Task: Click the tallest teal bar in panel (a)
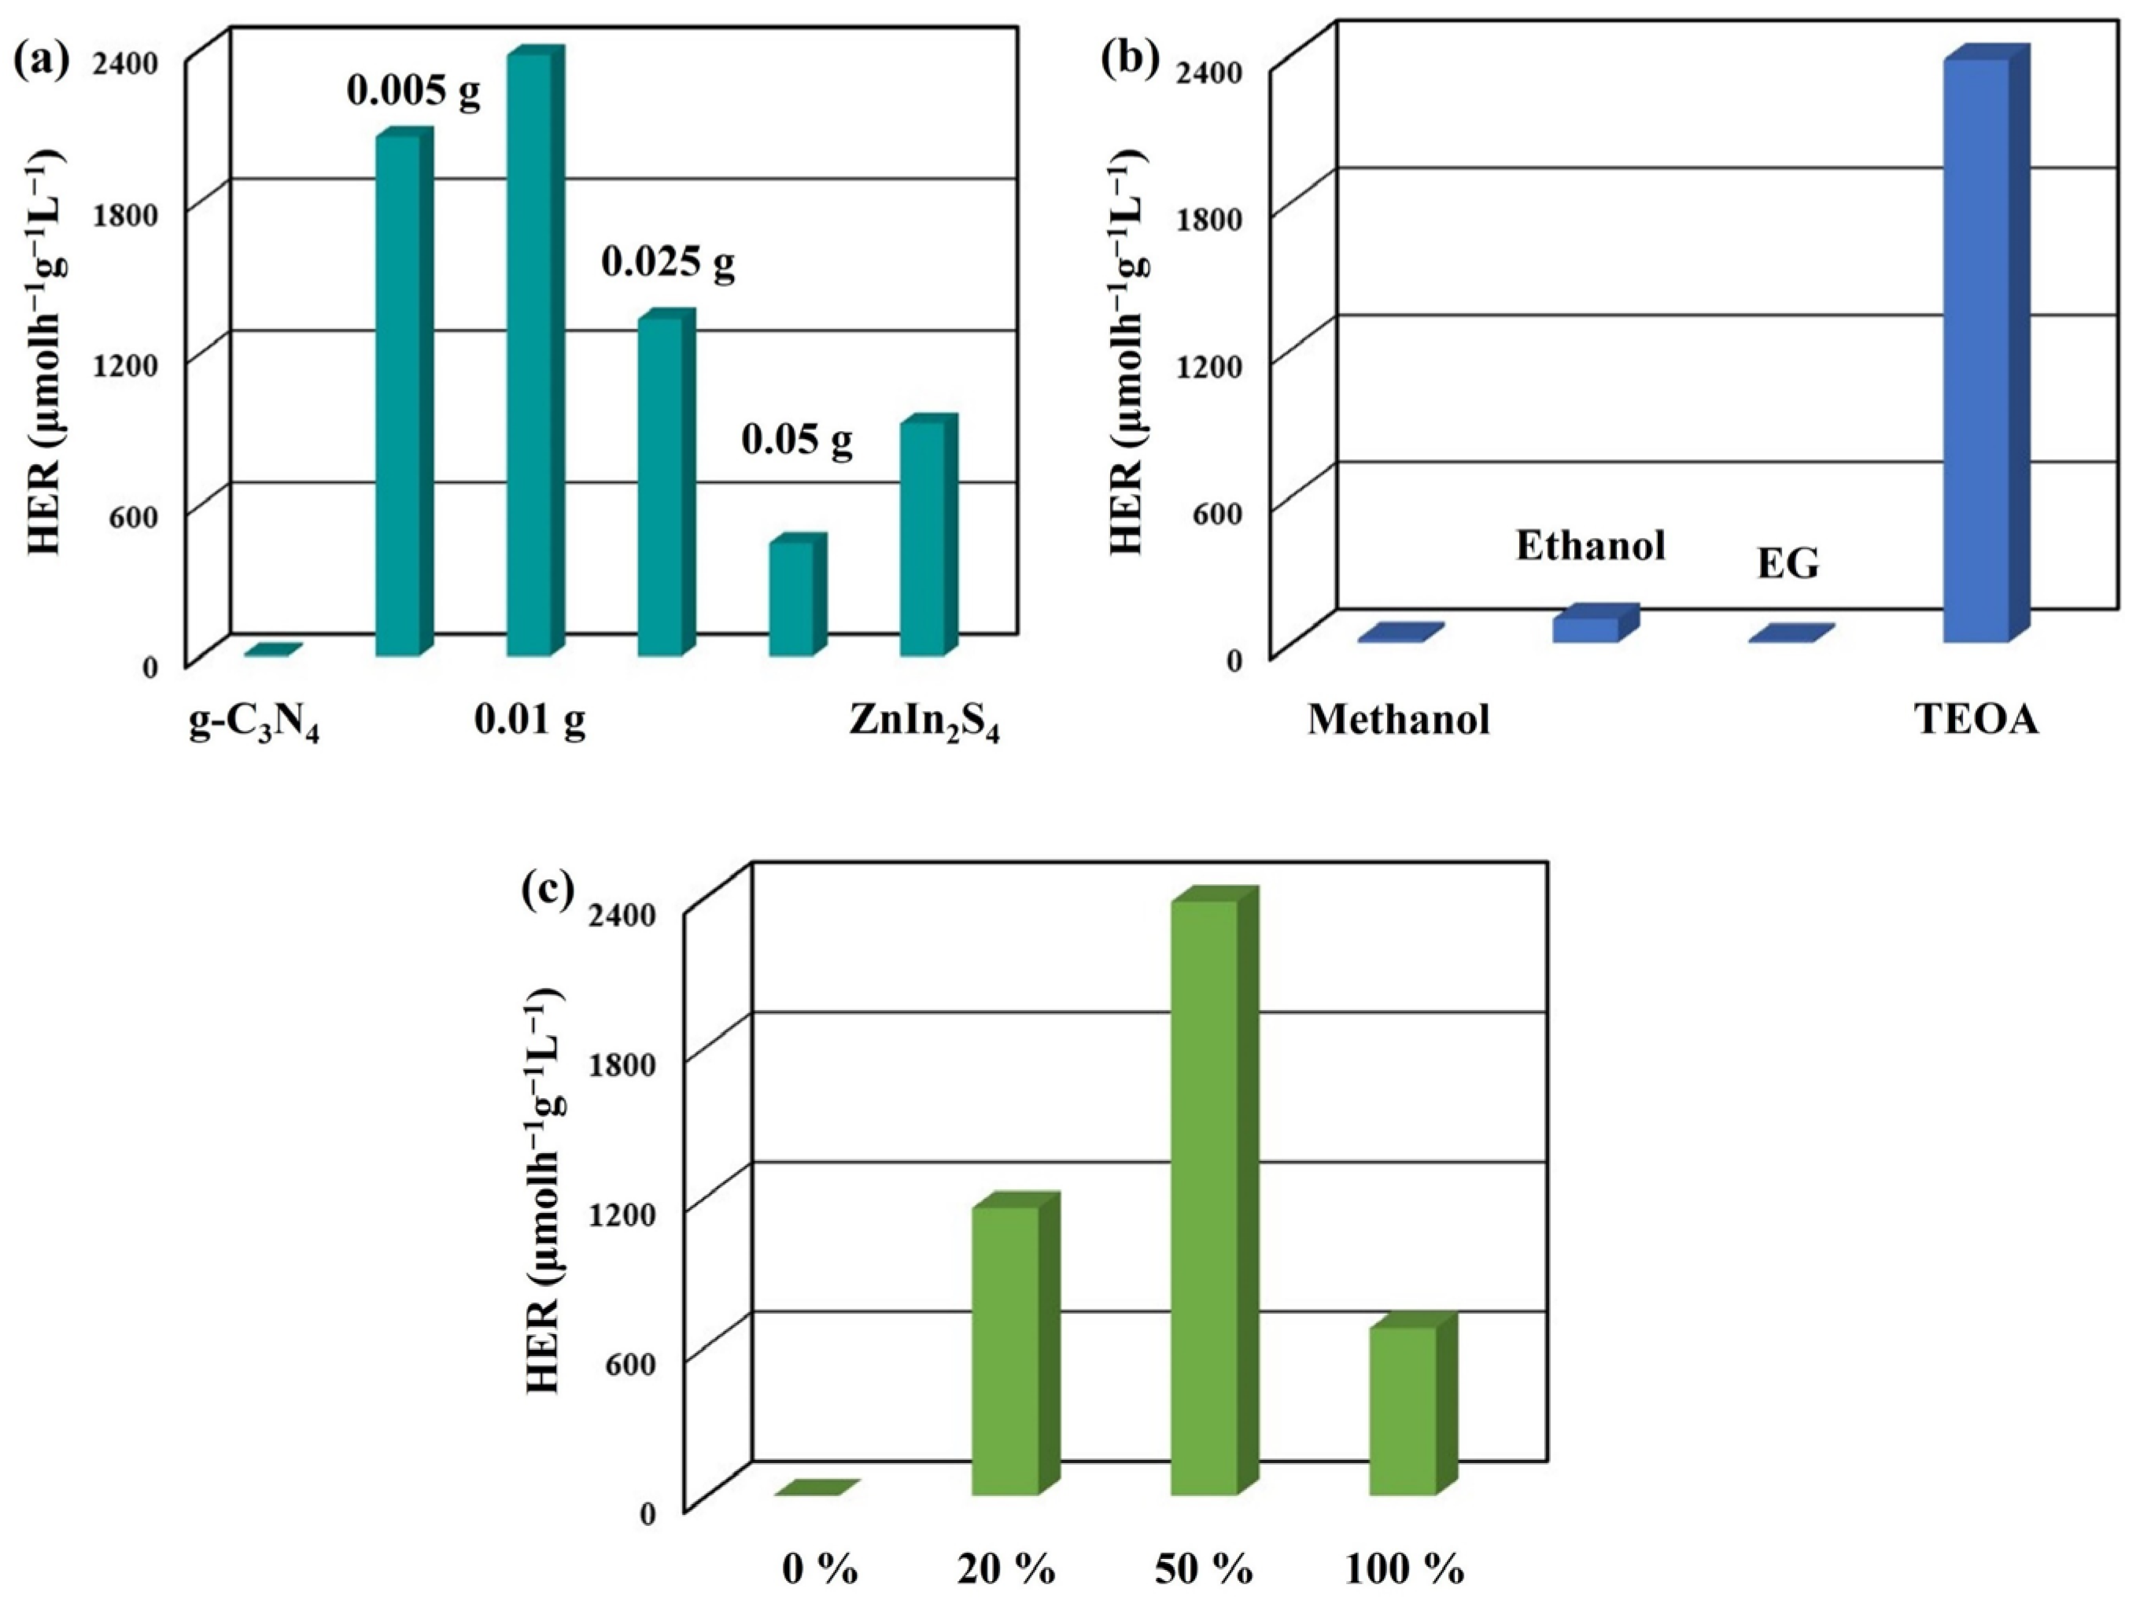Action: coord(529,357)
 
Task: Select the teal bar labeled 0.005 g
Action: coord(398,396)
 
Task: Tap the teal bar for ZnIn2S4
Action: coord(923,541)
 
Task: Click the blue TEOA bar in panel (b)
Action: coord(1976,352)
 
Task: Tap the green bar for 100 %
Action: coord(1402,1410)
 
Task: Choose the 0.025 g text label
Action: coord(668,262)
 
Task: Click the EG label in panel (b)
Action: coord(1787,564)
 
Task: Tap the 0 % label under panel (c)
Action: coord(820,1569)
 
